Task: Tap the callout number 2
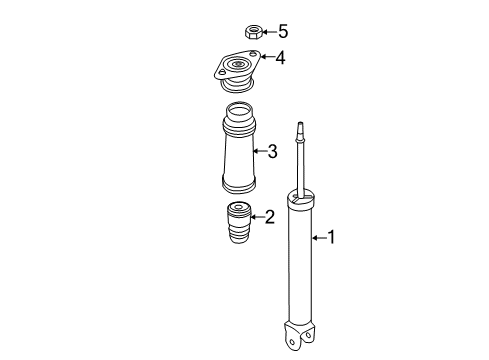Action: coord(269,215)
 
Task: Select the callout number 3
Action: coord(272,152)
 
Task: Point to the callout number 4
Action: coord(280,58)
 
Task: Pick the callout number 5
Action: coord(282,31)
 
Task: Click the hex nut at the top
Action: coord(253,32)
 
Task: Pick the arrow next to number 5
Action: coord(268,31)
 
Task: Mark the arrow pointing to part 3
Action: coord(258,152)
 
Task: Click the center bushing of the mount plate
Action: coord(239,69)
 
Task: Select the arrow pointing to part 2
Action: coord(254,215)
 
